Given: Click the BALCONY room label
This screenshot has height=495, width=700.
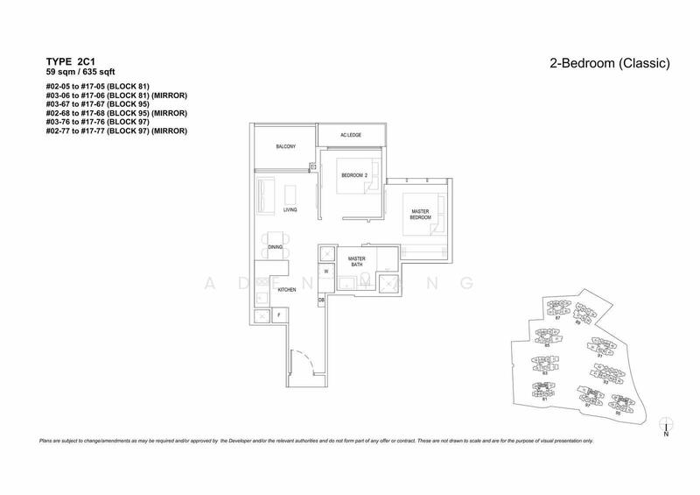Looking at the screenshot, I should (x=283, y=147).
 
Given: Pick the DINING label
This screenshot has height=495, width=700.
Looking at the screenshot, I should (x=275, y=247).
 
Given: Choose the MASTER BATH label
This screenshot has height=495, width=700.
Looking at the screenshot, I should (x=356, y=261).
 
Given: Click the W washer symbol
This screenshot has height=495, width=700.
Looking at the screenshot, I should (x=325, y=272).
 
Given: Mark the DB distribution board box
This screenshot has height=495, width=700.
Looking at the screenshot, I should (x=322, y=301).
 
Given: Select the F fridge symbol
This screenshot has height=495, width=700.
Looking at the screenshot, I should (x=277, y=314).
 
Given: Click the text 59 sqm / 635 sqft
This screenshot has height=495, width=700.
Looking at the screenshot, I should (x=80, y=73).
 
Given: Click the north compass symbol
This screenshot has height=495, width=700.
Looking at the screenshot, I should (x=666, y=425).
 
